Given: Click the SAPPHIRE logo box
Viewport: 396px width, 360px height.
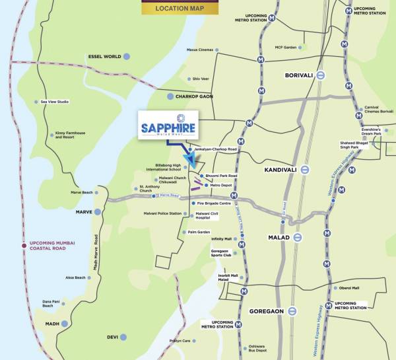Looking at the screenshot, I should point(167,125).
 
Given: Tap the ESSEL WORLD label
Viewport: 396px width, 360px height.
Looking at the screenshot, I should point(104,57).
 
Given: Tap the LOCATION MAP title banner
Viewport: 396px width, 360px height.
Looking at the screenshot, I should point(180,9).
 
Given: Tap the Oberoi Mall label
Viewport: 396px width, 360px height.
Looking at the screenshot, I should point(349,288).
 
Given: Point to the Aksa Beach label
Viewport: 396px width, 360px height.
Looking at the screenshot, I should point(75,278).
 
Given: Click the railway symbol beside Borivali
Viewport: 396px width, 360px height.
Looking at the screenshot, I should point(320,75).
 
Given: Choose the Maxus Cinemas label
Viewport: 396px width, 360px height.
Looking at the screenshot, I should point(200,50).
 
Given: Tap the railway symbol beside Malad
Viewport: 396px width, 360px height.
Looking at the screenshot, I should point(298,237).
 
